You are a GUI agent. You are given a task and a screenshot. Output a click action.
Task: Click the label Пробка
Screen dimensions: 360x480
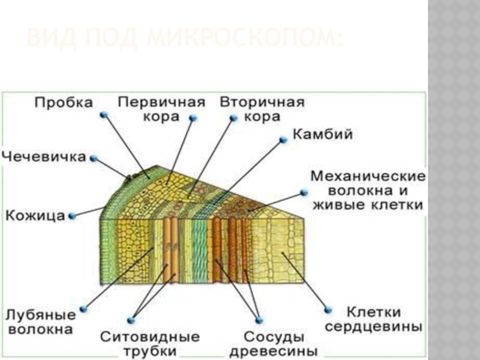point(64,103)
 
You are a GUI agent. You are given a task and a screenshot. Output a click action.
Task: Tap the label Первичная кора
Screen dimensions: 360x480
point(161,109)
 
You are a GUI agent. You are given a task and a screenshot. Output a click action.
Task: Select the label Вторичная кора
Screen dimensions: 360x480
point(262,109)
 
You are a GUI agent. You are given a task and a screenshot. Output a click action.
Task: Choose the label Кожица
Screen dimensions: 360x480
point(35,215)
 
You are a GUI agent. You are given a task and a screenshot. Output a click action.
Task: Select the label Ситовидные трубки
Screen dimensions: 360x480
point(150,343)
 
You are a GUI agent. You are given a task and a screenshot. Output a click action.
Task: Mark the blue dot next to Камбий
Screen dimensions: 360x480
point(283,140)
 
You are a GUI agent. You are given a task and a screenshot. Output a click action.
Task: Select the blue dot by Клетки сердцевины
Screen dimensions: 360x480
point(328,310)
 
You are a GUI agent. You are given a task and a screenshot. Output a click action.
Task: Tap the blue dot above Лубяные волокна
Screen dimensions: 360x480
point(83,309)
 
